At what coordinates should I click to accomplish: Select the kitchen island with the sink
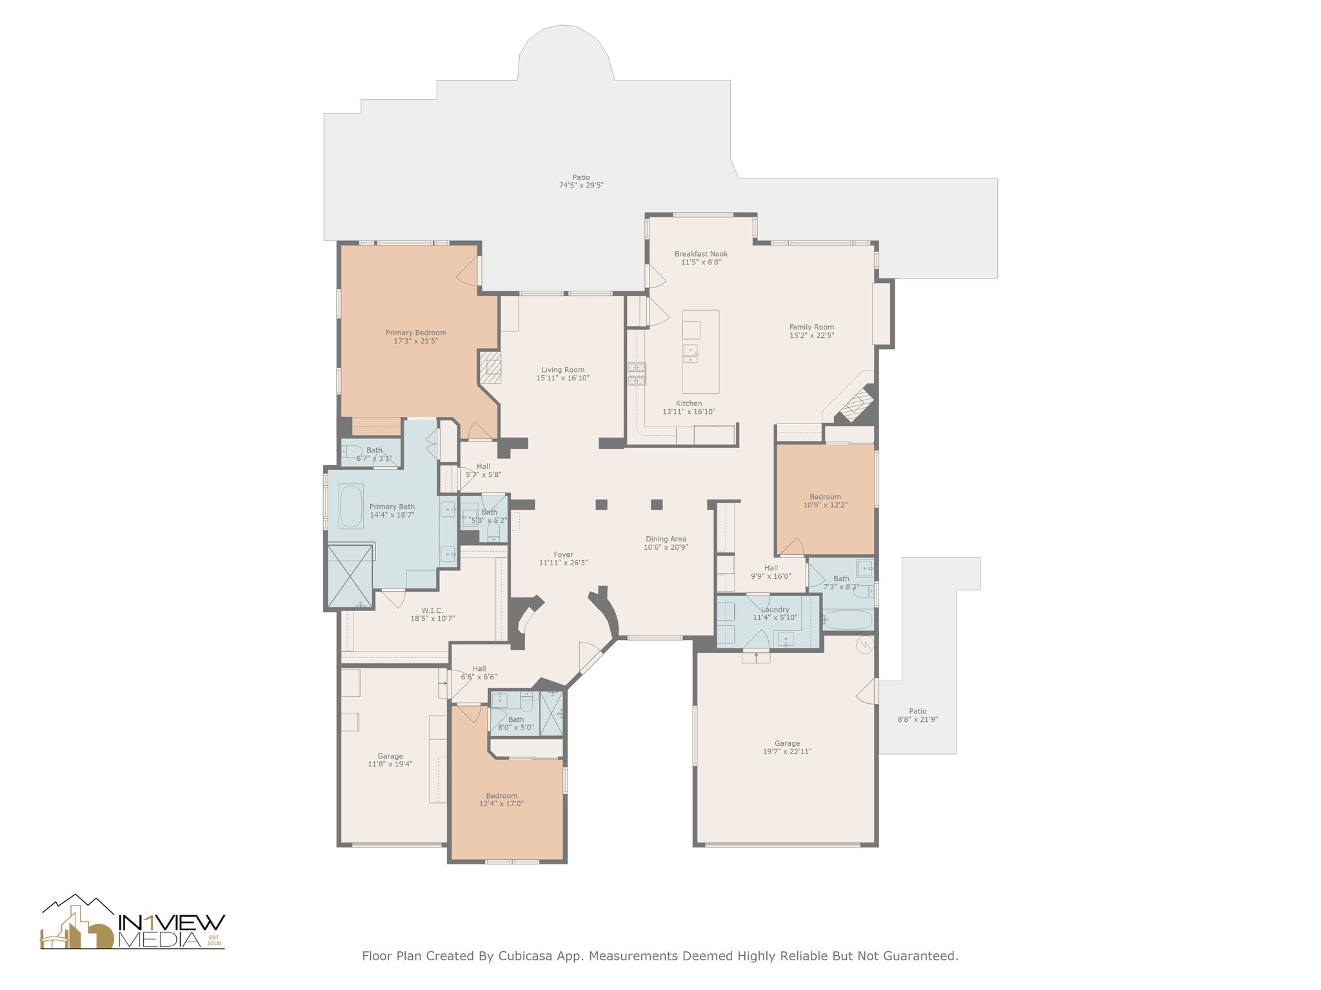[x=700, y=351]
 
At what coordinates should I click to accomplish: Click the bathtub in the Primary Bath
[x=351, y=507]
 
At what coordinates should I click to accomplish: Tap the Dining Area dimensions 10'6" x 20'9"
[x=666, y=547]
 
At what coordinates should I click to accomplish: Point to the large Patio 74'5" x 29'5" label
[x=581, y=181]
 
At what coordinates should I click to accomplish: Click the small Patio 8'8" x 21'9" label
[x=917, y=715]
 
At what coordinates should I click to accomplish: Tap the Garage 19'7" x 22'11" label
[x=787, y=747]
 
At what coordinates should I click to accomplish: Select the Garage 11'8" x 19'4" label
[x=390, y=760]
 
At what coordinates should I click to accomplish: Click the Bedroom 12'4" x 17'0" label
[x=501, y=799]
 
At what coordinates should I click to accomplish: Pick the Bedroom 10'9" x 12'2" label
[x=825, y=501]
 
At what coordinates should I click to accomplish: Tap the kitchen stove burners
[x=637, y=374]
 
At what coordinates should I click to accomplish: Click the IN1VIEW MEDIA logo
[x=133, y=923]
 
